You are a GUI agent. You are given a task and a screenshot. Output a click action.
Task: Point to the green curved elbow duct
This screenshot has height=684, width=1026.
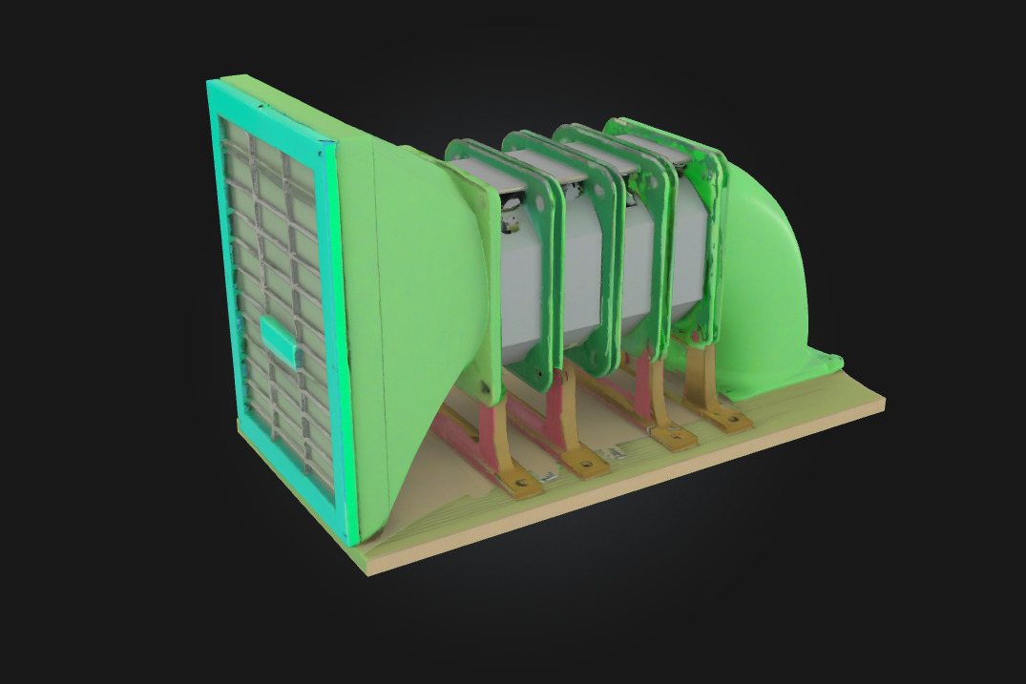point(764,277)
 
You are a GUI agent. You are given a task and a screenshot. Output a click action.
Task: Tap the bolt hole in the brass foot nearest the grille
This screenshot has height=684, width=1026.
point(520,484)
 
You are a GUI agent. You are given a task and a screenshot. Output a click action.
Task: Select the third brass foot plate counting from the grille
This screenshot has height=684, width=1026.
point(674,435)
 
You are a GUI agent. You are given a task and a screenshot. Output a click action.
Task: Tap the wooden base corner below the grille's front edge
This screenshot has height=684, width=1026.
point(367,563)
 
